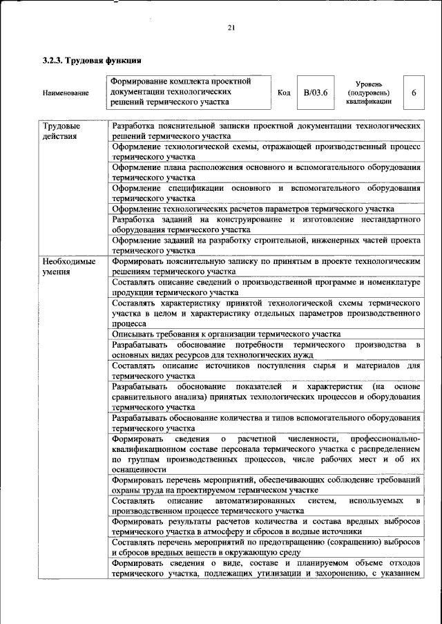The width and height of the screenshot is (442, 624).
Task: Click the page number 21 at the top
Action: click(x=231, y=28)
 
